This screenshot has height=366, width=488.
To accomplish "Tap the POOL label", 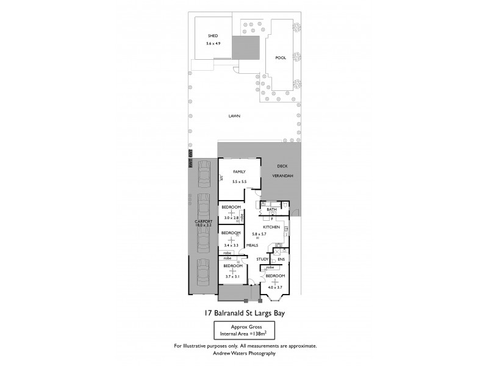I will pos(281,58).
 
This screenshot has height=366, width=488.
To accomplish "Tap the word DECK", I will pos(282,166).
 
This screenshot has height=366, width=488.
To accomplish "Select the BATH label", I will pos(272,209).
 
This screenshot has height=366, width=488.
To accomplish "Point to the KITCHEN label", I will pos(271,227).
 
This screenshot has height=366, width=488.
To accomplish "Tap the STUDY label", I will pos(262,259).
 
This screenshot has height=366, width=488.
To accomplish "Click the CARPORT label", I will pos(203,221).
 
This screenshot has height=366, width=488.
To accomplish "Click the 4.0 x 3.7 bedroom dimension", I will pos(274,287).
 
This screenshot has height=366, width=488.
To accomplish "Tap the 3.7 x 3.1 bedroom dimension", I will pos(232,276).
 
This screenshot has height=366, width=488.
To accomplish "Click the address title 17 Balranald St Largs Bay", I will pos(244,313).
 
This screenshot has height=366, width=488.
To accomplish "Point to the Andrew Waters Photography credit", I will pos(244,353).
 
